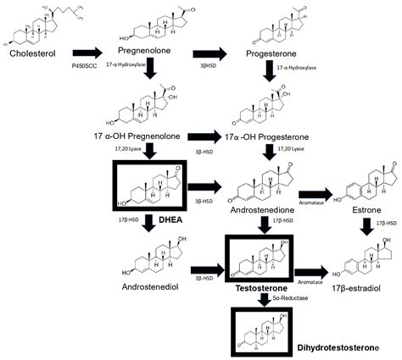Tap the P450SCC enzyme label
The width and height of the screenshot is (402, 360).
82,64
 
